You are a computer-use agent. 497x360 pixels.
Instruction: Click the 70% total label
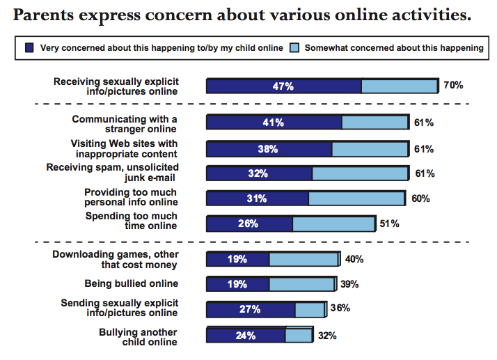coord(453,86)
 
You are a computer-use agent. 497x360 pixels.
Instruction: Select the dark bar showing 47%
coord(283,86)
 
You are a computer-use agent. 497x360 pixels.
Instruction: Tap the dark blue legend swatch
coord(29,47)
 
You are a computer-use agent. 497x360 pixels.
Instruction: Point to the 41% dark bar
coord(274,123)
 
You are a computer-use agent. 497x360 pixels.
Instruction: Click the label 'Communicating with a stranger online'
coord(125,123)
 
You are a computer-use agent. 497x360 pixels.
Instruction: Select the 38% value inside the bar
coord(268,149)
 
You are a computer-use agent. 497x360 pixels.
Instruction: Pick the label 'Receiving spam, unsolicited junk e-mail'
coord(113,173)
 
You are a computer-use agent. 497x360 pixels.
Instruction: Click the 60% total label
coord(420,198)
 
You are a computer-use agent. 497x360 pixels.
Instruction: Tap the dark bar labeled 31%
coord(257,198)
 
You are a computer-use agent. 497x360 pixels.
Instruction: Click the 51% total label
coord(389,224)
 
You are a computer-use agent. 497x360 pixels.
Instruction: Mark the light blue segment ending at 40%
coord(303,260)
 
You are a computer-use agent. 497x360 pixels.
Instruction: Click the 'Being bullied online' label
coord(132,283)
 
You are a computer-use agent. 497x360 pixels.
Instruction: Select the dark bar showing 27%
coord(251,309)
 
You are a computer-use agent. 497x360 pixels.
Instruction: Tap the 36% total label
coord(340,308)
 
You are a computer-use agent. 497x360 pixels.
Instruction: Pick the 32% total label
coord(327,335)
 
